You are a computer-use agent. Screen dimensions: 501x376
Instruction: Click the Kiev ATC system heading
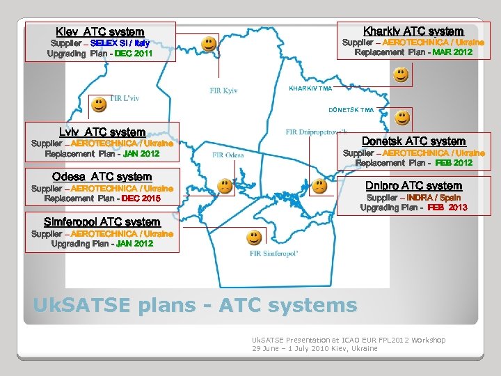[100, 32]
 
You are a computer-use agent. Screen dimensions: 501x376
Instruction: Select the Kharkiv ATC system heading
[413, 31]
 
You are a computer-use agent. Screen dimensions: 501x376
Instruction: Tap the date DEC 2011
[134, 53]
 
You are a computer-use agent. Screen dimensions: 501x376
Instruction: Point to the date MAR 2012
[452, 52]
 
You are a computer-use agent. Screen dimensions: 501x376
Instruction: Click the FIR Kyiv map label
[224, 91]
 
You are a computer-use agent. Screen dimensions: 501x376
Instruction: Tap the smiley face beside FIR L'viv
[99, 104]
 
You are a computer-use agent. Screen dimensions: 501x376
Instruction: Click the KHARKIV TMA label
[310, 88]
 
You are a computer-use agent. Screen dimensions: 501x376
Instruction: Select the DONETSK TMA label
[351, 110]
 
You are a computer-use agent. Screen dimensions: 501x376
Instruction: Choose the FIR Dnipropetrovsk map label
[317, 132]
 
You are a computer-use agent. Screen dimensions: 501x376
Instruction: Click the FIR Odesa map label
[228, 155]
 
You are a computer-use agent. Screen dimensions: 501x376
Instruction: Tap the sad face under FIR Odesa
[225, 186]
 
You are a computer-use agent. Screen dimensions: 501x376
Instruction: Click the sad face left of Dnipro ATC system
[319, 186]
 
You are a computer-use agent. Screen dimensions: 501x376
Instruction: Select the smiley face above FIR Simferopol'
[254, 237]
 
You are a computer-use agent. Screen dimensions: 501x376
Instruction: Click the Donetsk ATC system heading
[414, 141]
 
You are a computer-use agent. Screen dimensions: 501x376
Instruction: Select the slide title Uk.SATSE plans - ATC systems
[195, 304]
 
